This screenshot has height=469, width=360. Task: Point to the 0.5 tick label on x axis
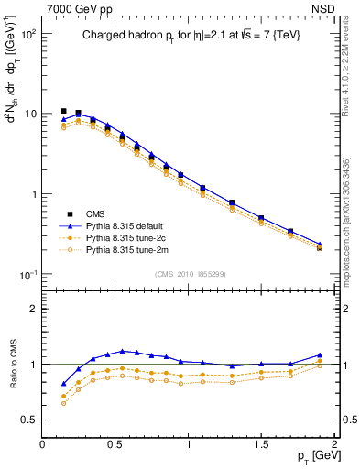[x=115, y=443]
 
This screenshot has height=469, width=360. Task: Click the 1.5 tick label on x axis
[x=261, y=443]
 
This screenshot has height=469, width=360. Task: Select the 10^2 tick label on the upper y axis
[x=27, y=33]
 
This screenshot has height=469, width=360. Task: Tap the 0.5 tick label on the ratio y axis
[x=27, y=420]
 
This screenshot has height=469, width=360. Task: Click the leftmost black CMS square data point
[x=63, y=111]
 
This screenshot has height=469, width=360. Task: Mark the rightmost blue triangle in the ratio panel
[x=320, y=354]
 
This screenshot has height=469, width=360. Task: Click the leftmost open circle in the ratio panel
[x=63, y=403]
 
